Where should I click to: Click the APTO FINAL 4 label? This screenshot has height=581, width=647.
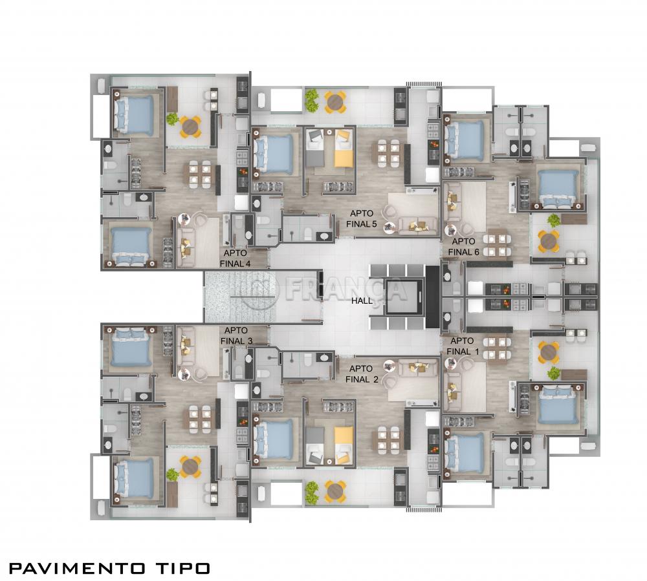(236, 258)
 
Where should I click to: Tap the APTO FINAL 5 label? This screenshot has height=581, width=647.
(362, 218)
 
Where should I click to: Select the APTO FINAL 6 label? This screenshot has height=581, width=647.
(464, 246)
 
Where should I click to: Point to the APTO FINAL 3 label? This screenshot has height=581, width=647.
(236, 335)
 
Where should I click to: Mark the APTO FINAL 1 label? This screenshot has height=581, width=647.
(461, 346)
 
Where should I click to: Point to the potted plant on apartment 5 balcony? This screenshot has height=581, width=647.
(312, 98)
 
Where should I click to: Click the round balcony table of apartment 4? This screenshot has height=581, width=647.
(190, 127)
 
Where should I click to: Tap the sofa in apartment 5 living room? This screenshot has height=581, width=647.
(417, 226)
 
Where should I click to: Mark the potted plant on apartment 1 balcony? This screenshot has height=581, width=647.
(554, 373)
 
